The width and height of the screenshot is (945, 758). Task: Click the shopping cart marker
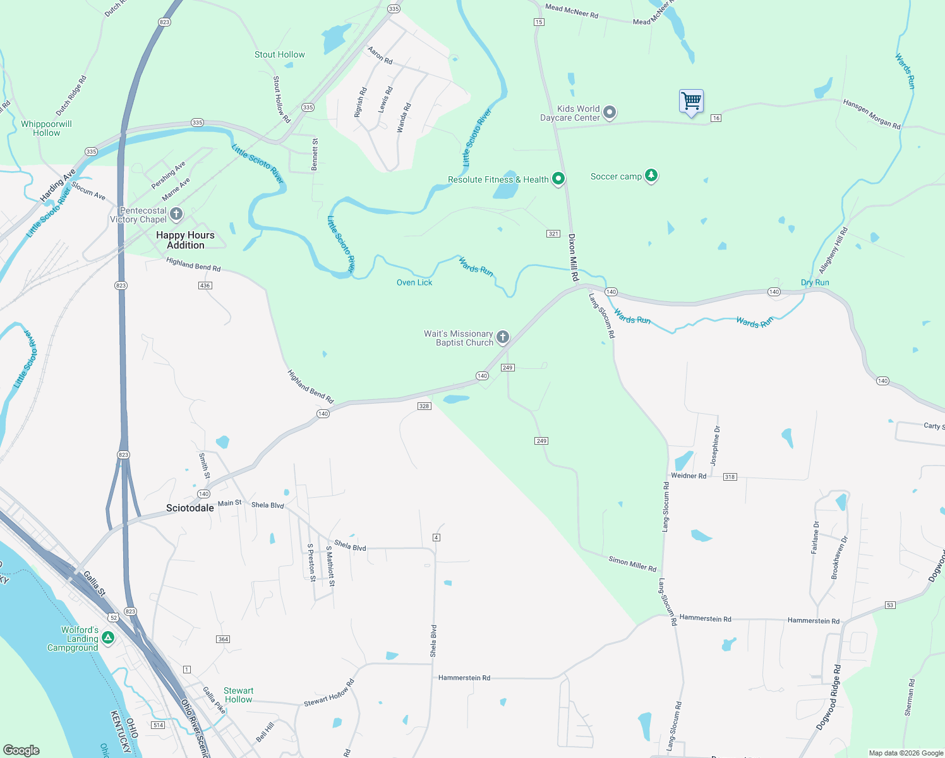[x=691, y=101]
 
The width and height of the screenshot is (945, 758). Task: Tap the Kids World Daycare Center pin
[x=609, y=112]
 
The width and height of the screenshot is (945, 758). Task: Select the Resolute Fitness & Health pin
[x=558, y=179]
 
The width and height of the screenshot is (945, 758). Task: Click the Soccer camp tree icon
[x=651, y=176]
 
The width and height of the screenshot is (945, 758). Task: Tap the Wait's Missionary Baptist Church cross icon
[x=503, y=337]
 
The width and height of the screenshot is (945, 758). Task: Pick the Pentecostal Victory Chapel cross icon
[x=176, y=214]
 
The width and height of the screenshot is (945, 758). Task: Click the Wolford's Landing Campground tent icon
[x=108, y=638]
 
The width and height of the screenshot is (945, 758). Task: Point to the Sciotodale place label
[x=190, y=508]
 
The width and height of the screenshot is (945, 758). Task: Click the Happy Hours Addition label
[x=185, y=240]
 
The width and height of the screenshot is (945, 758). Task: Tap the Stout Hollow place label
[x=279, y=55]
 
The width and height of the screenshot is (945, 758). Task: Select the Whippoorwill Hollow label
[x=46, y=128]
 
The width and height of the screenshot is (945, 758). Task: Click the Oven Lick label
[x=414, y=282]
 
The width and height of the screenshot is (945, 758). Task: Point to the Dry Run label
[x=815, y=282]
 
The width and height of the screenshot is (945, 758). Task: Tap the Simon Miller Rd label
[x=632, y=563]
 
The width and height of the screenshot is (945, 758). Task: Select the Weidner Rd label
[x=689, y=476]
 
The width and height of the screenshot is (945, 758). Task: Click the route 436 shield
[x=205, y=286]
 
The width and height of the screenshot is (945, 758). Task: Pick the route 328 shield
[x=424, y=406]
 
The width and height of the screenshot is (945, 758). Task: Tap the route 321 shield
[x=553, y=234]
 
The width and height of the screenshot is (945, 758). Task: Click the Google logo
[x=21, y=750]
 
